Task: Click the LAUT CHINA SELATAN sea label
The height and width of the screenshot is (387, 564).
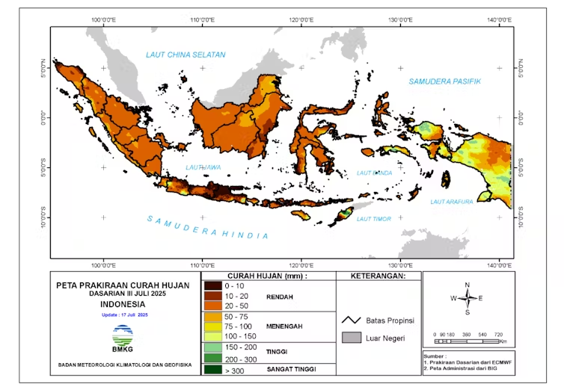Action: pos(185,55)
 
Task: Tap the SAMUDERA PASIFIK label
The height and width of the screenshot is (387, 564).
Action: pos(444,81)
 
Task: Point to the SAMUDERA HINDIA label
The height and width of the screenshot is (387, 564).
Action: pos(207,227)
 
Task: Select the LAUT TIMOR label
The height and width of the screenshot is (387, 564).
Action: pos(373,218)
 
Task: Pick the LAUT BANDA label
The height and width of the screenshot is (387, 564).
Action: pos(375,173)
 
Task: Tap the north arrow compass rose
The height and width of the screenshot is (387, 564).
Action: pos(467,298)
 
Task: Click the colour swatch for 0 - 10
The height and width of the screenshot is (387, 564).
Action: pos(212,285)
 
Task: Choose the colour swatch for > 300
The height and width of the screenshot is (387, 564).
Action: pos(212,369)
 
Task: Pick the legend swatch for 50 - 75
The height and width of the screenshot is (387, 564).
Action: pos(212,317)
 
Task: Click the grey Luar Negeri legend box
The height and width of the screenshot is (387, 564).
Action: pos(351,338)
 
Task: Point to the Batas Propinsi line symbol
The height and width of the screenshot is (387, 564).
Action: pos(351,320)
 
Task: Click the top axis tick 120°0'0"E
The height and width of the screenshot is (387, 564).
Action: pos(301,19)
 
